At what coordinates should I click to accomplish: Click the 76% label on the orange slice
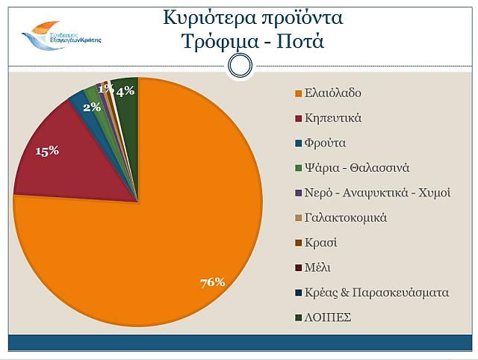[212, 282]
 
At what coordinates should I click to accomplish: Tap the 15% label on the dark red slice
[47, 151]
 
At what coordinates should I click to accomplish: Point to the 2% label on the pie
[92, 107]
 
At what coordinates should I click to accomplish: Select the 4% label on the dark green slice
[125, 91]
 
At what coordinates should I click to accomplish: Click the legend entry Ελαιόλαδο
[333, 93]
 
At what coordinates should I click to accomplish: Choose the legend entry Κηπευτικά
[334, 118]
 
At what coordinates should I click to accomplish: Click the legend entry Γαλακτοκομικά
[346, 217]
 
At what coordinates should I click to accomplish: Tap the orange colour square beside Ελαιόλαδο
[297, 93]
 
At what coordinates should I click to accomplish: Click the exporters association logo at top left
[60, 34]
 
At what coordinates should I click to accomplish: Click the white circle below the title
[239, 66]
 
